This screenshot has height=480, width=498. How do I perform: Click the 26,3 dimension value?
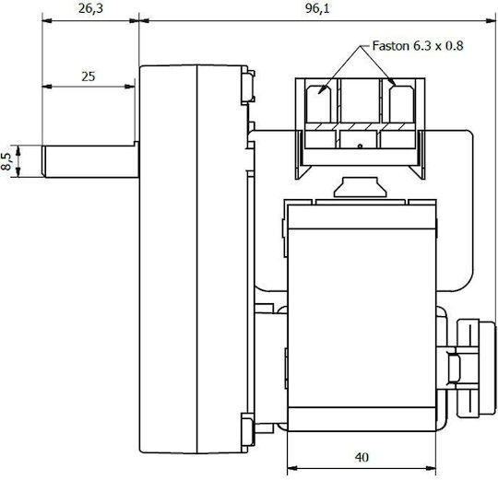pyautogui.click(x=90, y=8)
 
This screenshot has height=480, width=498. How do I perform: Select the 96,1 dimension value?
pyautogui.click(x=317, y=8)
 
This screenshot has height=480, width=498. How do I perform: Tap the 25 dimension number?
pyautogui.click(x=89, y=76)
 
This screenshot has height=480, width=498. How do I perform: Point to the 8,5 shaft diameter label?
pyautogui.click(x=6, y=161)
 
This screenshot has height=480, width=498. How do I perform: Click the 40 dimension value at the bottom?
pyautogui.click(x=362, y=457)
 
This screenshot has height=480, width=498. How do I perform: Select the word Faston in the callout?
pyautogui.click(x=391, y=46)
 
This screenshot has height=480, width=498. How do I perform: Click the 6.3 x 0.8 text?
pyautogui.click(x=438, y=46)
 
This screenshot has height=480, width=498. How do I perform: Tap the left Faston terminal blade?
pyautogui.click(x=318, y=104)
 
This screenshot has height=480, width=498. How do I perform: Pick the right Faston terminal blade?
pyautogui.click(x=402, y=104)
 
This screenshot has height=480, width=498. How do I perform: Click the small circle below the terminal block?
pyautogui.click(x=360, y=146)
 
